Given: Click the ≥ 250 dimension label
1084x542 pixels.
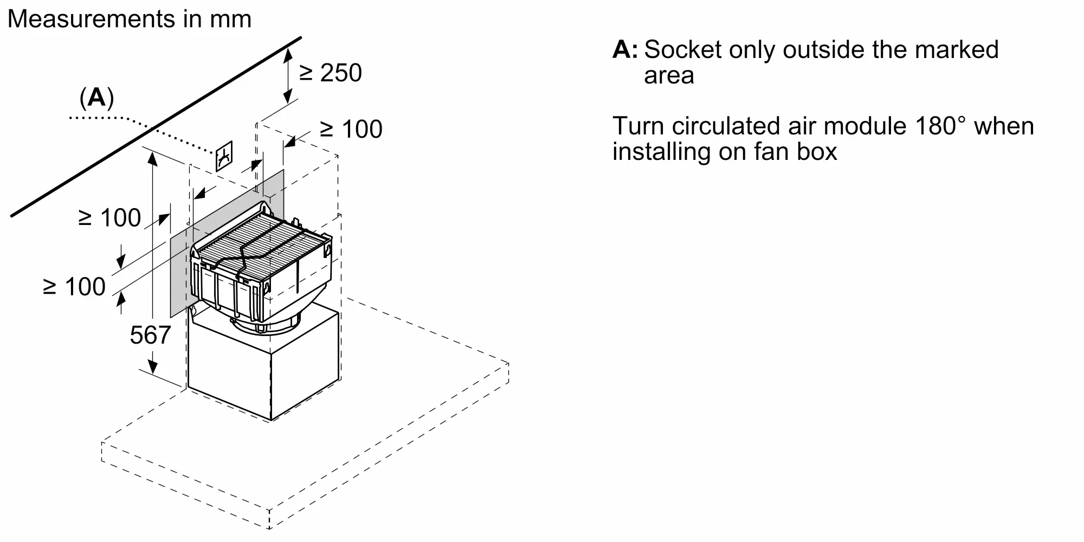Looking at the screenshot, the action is point(331,73).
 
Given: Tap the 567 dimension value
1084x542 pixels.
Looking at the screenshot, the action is point(150,335).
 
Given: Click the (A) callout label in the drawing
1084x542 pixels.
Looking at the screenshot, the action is point(96,98).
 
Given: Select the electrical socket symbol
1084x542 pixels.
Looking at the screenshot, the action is point(224,156).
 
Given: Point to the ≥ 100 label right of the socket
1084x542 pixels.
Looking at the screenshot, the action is point(351,129).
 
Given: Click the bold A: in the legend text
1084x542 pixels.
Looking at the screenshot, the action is point(625,50).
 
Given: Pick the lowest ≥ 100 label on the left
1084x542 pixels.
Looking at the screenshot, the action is point(74,287).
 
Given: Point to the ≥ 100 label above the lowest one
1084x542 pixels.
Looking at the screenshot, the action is point(110,218).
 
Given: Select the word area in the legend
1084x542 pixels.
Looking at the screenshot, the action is point(669,76).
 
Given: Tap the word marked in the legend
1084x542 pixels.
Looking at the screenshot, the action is point(957,50).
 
